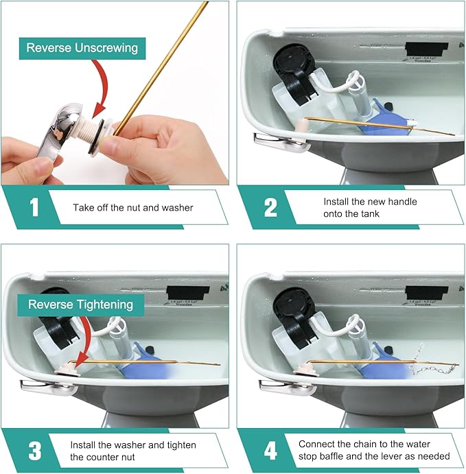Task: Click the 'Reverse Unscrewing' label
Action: coord(82,48)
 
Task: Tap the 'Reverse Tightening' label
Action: coord(81,304)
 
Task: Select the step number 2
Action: coord(269,208)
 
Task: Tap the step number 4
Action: coord(269,451)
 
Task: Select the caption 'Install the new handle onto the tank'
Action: coord(370,207)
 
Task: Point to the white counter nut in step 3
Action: coord(67,370)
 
